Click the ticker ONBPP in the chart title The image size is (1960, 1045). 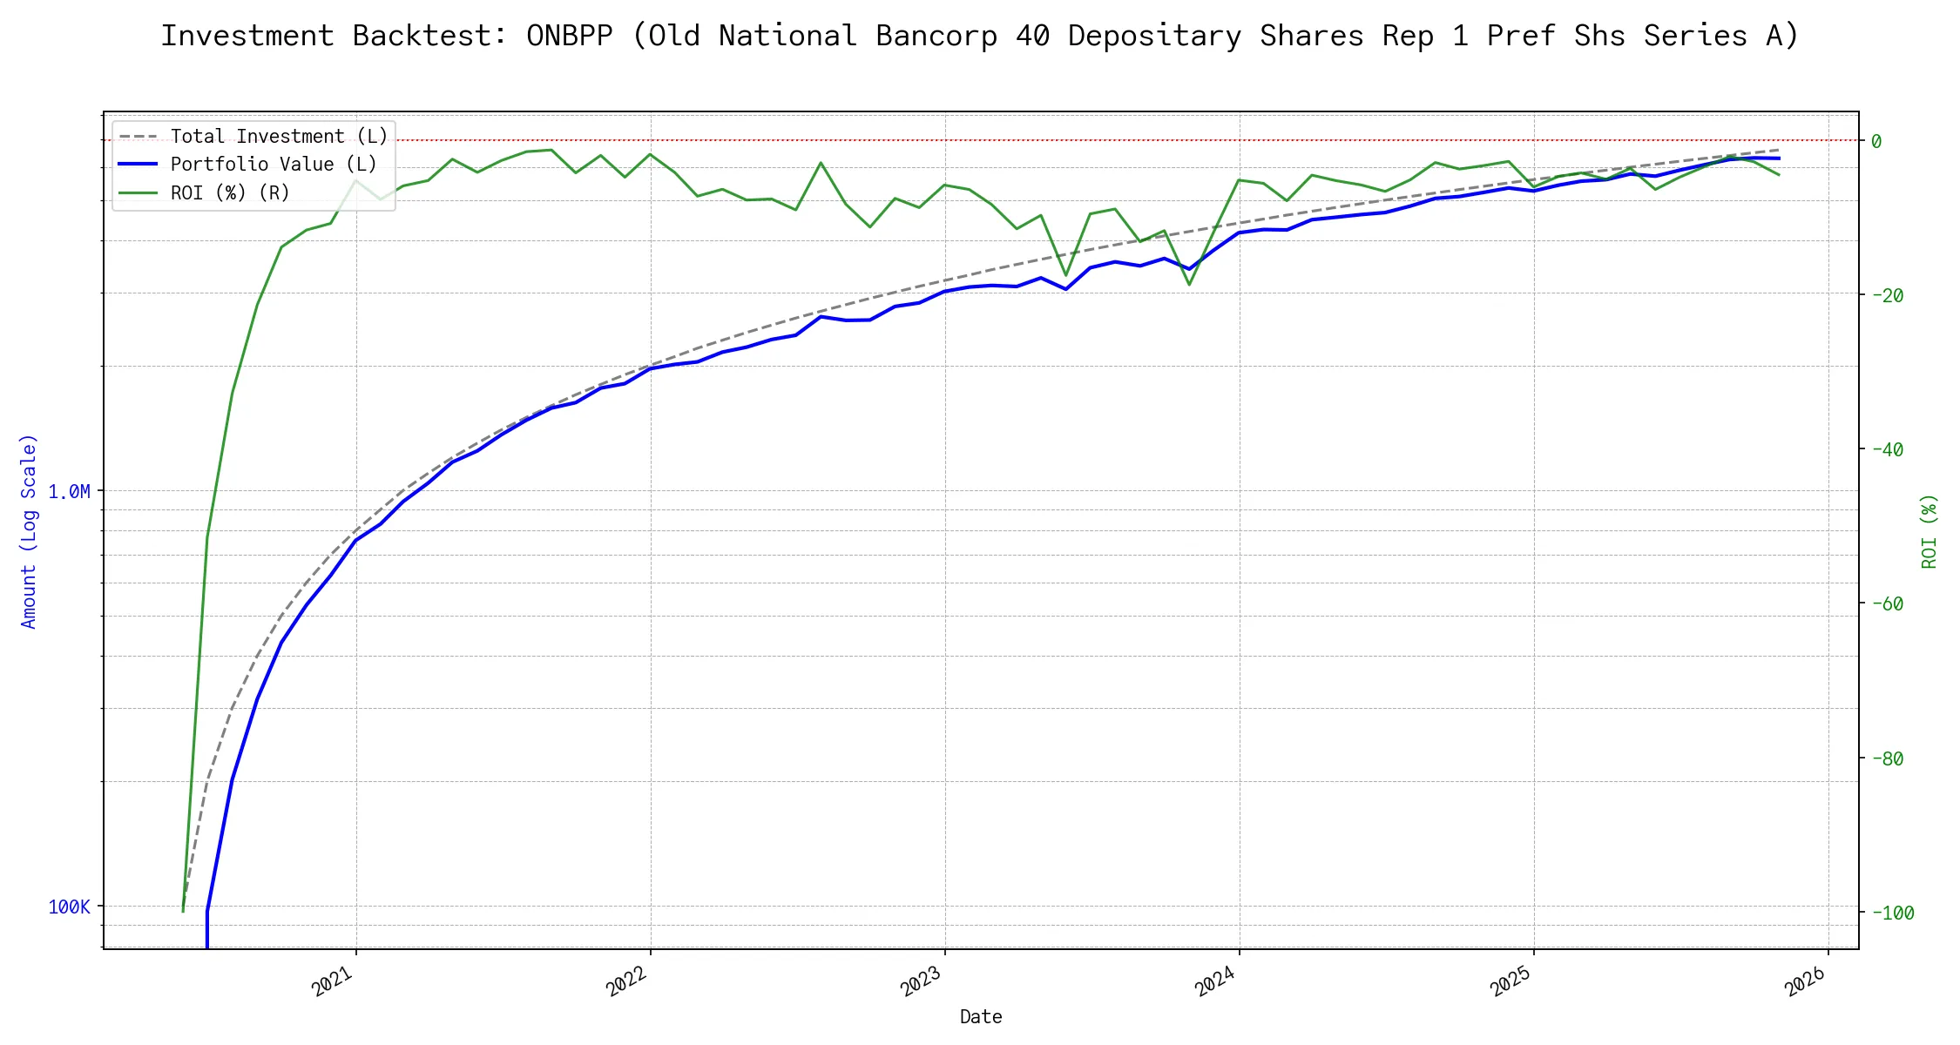(x=570, y=36)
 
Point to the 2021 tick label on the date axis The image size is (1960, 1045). (x=333, y=981)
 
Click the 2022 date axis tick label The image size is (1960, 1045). (x=627, y=981)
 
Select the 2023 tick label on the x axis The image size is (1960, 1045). (x=922, y=981)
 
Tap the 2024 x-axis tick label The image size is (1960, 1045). (x=1216, y=981)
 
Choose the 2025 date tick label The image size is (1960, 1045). (x=1511, y=981)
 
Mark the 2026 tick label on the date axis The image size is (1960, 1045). (x=1806, y=981)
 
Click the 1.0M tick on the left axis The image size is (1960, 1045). (x=69, y=492)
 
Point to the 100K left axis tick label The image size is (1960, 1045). (x=69, y=907)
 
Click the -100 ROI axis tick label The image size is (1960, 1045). (x=1891, y=914)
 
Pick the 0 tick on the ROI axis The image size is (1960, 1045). (x=1876, y=141)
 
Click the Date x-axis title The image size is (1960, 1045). (x=981, y=1017)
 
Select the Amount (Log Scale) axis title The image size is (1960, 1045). (x=29, y=531)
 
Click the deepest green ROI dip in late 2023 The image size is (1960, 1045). (x=1189, y=285)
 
